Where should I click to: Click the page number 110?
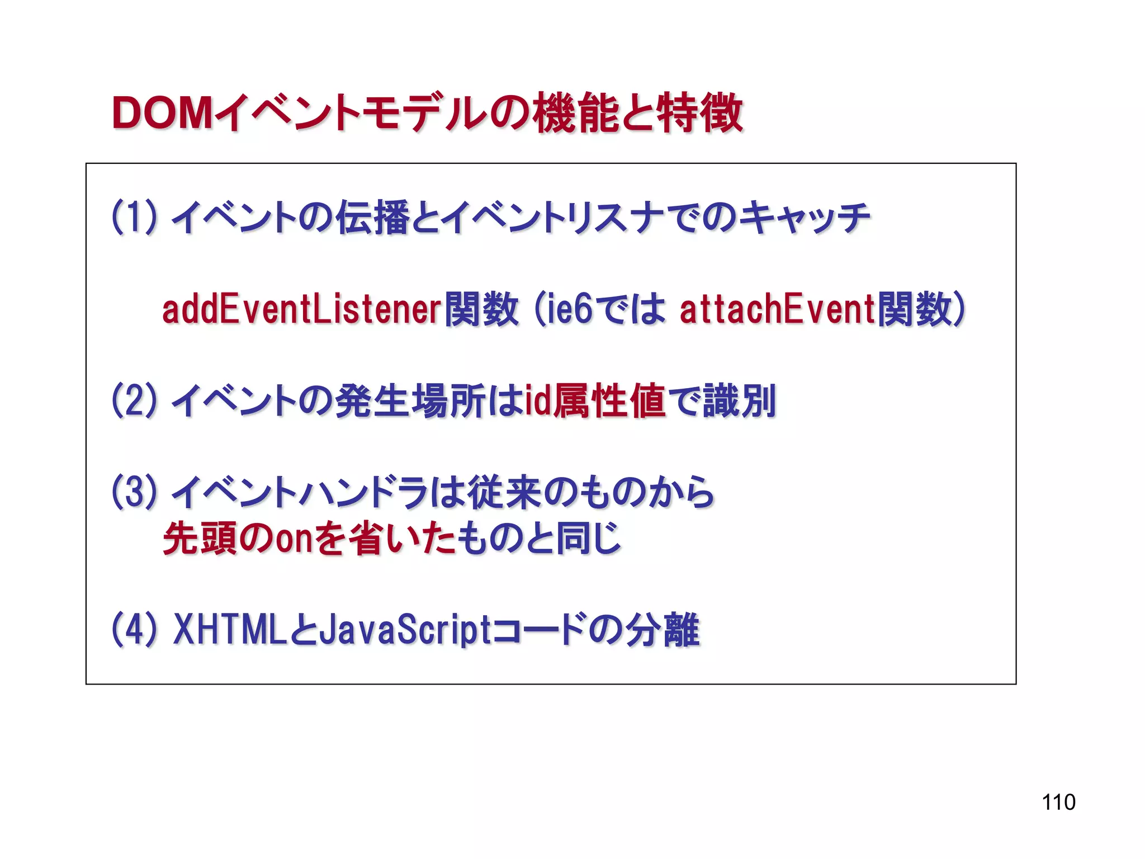point(1058,802)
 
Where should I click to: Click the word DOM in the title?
point(162,114)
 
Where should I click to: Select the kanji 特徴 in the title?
point(699,114)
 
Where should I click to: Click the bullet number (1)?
point(134,217)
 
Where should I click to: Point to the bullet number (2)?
point(134,400)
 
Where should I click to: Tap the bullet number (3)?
point(134,492)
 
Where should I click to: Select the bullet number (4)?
point(134,629)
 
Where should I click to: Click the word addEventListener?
point(302,309)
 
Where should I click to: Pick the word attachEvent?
point(777,309)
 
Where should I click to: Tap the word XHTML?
point(230,629)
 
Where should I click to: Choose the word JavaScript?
point(406,629)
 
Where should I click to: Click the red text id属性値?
point(595,400)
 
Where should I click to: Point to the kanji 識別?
point(739,400)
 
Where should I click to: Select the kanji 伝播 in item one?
point(373,217)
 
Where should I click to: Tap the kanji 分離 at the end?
point(662,629)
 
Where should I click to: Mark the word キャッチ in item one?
point(805,217)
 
